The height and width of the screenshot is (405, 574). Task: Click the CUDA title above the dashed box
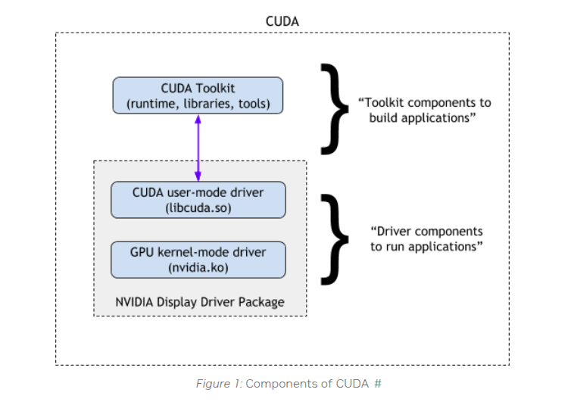click(282, 21)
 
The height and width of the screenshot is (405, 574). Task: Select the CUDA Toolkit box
click(198, 95)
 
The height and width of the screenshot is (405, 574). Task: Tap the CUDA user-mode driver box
click(198, 199)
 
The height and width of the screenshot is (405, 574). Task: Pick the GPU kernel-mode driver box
click(198, 259)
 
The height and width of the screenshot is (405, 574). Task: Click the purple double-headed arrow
click(198, 148)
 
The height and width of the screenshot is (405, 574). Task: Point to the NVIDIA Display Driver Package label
click(200, 302)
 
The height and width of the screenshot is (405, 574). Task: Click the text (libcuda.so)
click(198, 207)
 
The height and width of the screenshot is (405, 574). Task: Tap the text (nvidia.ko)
click(198, 267)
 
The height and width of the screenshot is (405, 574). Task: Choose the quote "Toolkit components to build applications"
click(424, 110)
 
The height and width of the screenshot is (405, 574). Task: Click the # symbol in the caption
click(377, 384)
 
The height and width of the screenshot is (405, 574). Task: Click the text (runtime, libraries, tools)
click(198, 103)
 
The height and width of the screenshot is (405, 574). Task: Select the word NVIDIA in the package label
click(136, 302)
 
